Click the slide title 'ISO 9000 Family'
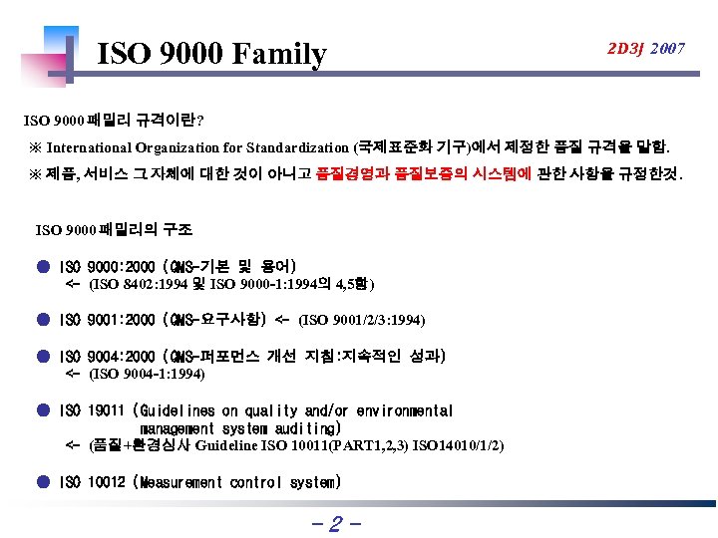tap(211, 54)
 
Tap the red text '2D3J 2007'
tap(647, 48)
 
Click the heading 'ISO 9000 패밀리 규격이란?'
tap(115, 121)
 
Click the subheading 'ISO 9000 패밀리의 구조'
tap(114, 229)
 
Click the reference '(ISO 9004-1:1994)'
tap(148, 375)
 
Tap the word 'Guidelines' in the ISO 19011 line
tap(175, 410)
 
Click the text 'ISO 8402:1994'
tap(136, 284)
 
